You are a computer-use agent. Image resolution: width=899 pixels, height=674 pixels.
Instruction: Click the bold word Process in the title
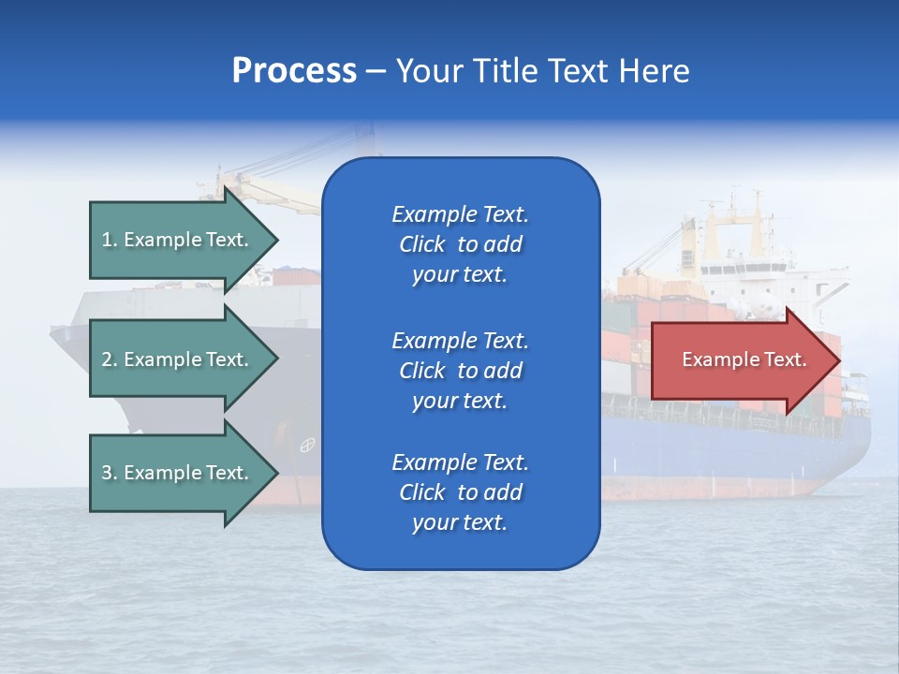tap(294, 71)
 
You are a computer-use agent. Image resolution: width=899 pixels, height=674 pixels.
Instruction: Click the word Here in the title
tap(654, 71)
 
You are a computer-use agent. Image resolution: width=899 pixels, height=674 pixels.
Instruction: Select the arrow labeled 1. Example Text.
tap(178, 240)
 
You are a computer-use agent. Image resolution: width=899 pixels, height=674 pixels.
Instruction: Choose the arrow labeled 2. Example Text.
tap(178, 359)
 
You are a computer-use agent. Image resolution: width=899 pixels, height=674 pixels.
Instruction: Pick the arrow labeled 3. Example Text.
tap(178, 473)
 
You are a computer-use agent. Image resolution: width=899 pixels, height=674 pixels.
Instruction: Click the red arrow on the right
tap(740, 359)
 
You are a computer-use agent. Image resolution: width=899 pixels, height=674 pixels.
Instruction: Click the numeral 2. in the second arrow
tap(109, 359)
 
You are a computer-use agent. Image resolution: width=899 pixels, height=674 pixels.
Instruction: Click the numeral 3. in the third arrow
tap(109, 473)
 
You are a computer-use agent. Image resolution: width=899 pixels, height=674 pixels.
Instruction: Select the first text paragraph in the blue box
tap(460, 244)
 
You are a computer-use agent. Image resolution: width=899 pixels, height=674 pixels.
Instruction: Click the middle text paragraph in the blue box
tap(460, 370)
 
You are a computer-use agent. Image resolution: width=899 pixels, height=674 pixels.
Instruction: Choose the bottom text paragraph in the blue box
tap(460, 492)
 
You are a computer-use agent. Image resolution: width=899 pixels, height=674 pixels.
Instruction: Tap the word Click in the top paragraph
tap(421, 244)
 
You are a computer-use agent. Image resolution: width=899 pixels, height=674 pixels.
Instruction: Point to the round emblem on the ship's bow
tap(306, 446)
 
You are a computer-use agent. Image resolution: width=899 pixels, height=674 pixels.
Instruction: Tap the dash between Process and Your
tap(376, 71)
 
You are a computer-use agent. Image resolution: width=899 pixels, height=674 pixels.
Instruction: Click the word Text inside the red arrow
tap(786, 359)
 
